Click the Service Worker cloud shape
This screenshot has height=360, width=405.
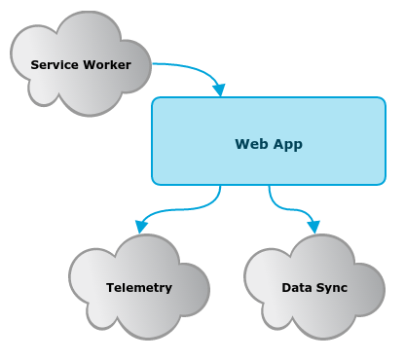[81, 64]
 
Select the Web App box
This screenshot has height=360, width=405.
[269, 141]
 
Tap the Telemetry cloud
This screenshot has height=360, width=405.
[139, 287]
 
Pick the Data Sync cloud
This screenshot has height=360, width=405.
[314, 287]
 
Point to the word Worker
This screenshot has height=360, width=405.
[107, 65]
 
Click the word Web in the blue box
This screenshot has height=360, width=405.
[251, 144]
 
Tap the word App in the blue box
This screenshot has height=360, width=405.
[288, 145]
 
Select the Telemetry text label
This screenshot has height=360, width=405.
[139, 288]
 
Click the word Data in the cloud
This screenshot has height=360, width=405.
[295, 288]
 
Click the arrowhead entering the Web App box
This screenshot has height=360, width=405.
[219, 90]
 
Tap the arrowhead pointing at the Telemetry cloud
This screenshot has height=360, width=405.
[141, 227]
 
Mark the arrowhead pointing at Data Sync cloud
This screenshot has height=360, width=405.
[313, 227]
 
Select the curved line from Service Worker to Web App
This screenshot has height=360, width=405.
[195, 69]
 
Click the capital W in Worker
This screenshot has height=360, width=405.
[90, 65]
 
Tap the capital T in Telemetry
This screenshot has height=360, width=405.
[110, 288]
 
